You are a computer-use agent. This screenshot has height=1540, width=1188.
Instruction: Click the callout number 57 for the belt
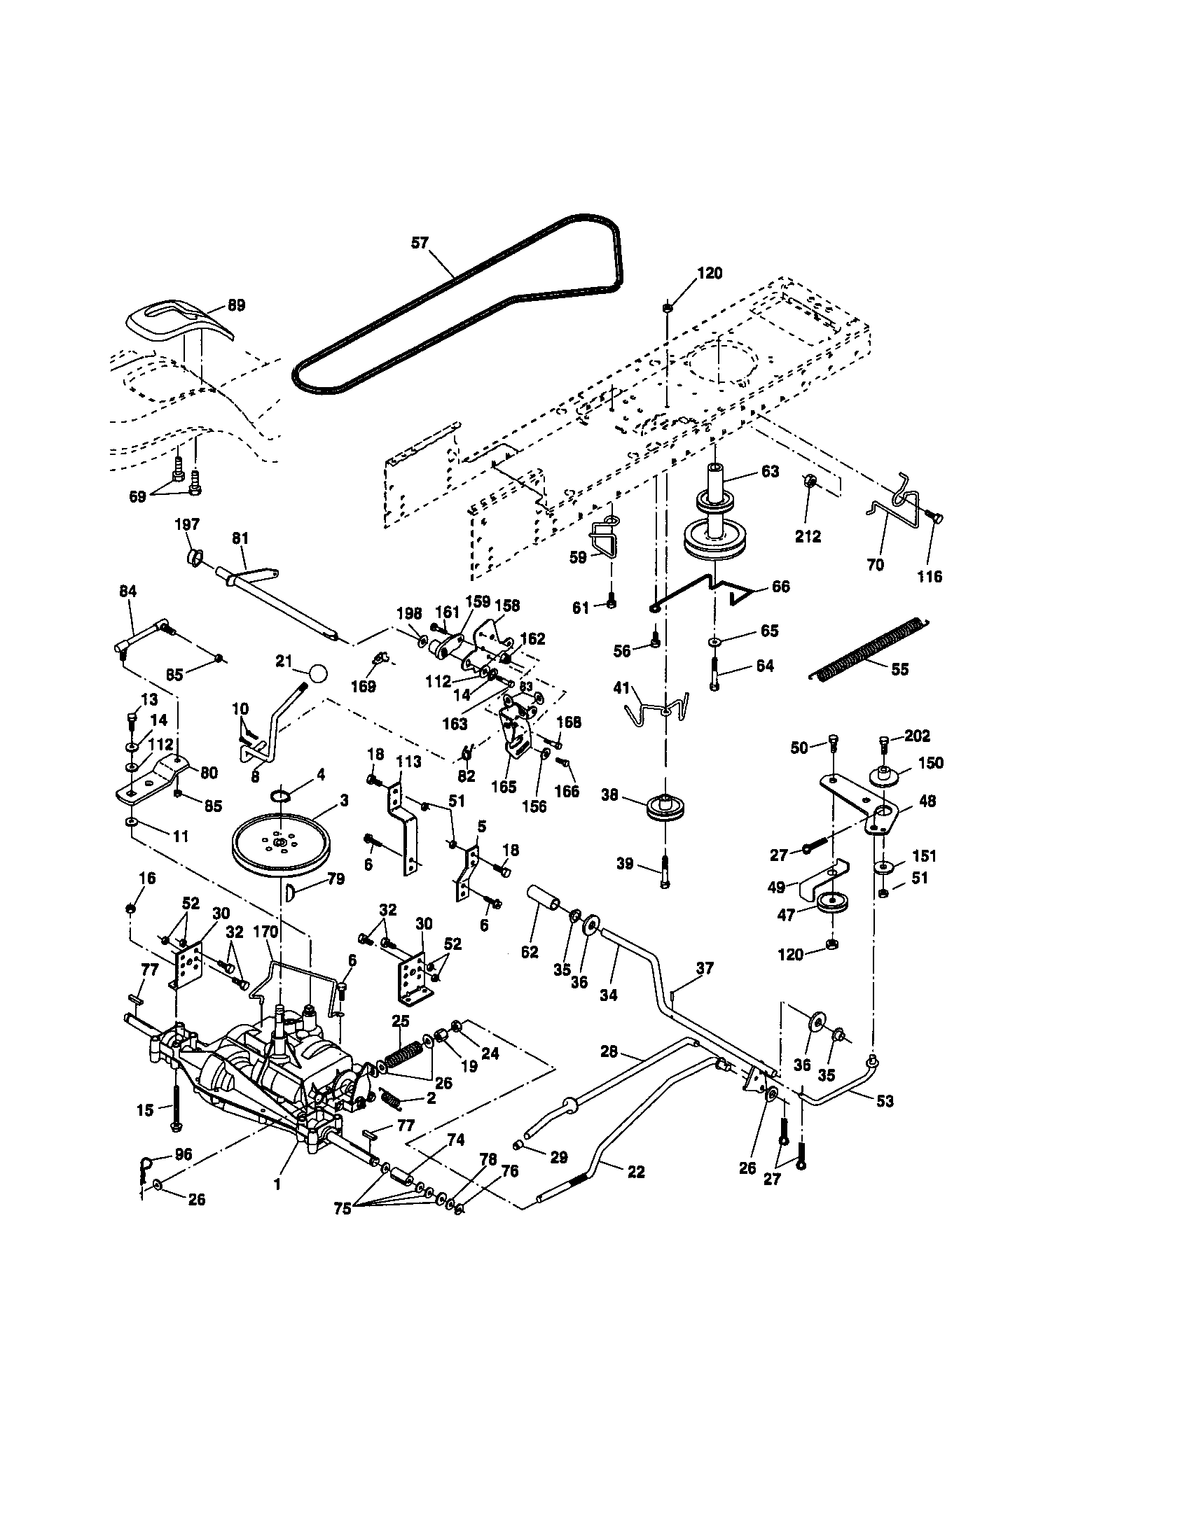(420, 243)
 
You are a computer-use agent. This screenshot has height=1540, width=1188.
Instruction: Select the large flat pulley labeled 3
(281, 843)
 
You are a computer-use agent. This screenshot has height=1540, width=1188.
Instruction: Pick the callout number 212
(808, 537)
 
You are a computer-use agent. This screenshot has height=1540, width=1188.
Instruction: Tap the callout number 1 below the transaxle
(277, 1184)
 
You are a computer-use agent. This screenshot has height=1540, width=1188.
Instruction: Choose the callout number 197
(187, 524)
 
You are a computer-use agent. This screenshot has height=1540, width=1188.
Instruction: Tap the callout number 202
(917, 736)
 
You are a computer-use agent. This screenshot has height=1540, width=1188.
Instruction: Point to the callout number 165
(504, 787)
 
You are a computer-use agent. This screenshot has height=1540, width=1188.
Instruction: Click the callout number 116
(929, 577)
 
